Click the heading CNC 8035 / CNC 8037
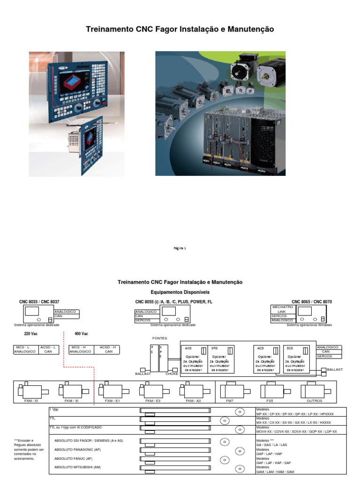(39, 302)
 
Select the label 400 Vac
(81, 334)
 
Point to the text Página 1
(180, 248)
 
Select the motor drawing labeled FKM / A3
(193, 390)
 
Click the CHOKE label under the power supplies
(172, 374)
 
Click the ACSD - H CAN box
(109, 349)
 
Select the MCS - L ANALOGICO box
(25, 349)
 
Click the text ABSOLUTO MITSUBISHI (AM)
(78, 467)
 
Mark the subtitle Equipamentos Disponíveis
(180, 292)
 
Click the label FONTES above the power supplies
(159, 338)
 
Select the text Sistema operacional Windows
(309, 324)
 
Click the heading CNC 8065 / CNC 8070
(311, 302)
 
